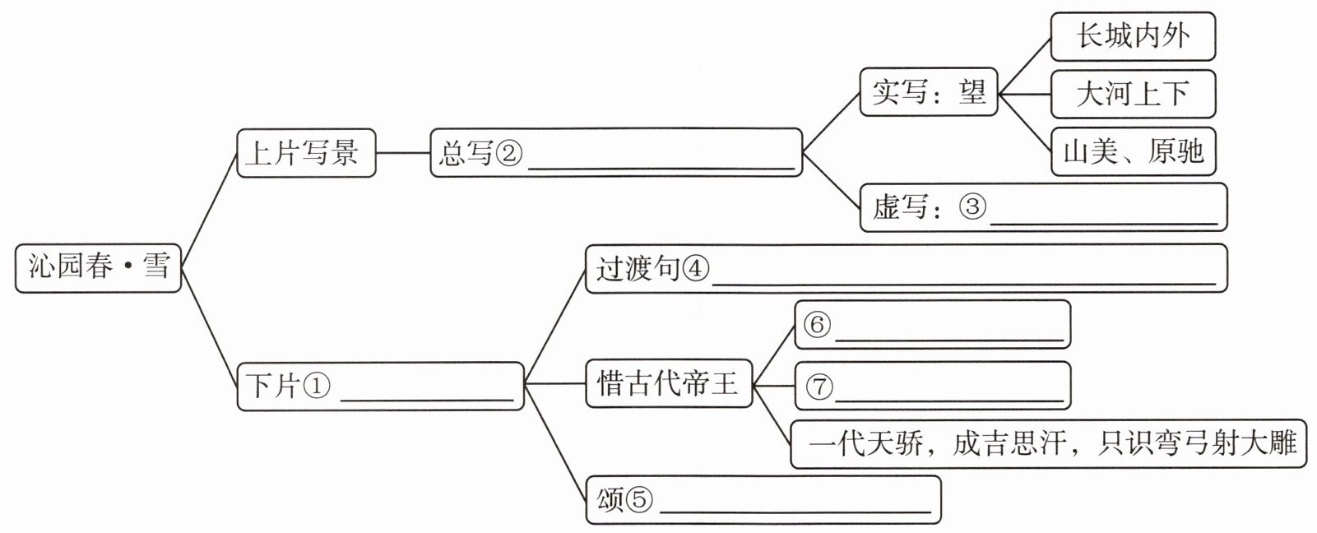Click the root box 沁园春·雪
click(98, 267)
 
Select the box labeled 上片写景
click(306, 153)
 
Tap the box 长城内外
click(1133, 36)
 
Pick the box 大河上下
click(1133, 94)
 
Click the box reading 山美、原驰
click(1133, 151)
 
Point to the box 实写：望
click(929, 91)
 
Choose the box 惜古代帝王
click(669, 384)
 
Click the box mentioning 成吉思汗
click(1048, 443)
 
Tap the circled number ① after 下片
click(317, 386)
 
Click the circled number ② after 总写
click(508, 153)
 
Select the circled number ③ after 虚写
click(972, 206)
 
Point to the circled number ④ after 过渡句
click(696, 269)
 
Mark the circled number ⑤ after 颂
click(639, 499)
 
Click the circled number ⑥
click(817, 324)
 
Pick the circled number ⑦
click(819, 387)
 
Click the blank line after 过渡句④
click(964, 285)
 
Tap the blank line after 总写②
click(661, 169)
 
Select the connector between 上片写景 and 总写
click(403, 153)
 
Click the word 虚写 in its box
click(900, 206)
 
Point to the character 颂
click(610, 499)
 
